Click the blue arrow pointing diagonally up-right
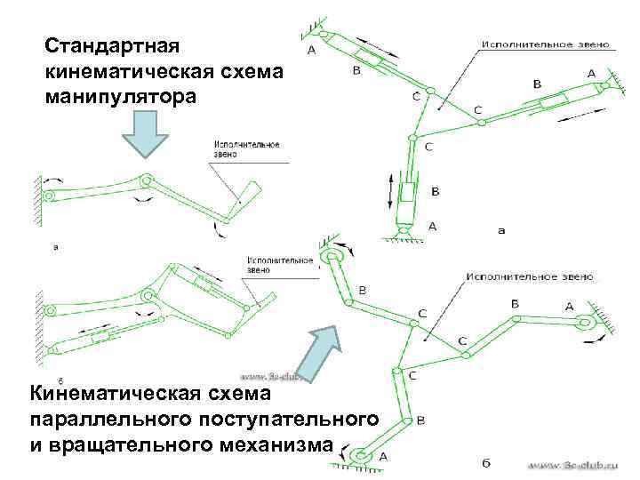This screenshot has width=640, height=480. [x=317, y=350]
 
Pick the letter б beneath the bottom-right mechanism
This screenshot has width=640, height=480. [x=485, y=463]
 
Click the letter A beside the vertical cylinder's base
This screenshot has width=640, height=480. [x=433, y=227]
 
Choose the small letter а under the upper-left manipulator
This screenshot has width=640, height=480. [x=57, y=248]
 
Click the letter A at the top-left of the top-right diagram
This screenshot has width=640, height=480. [x=310, y=51]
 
